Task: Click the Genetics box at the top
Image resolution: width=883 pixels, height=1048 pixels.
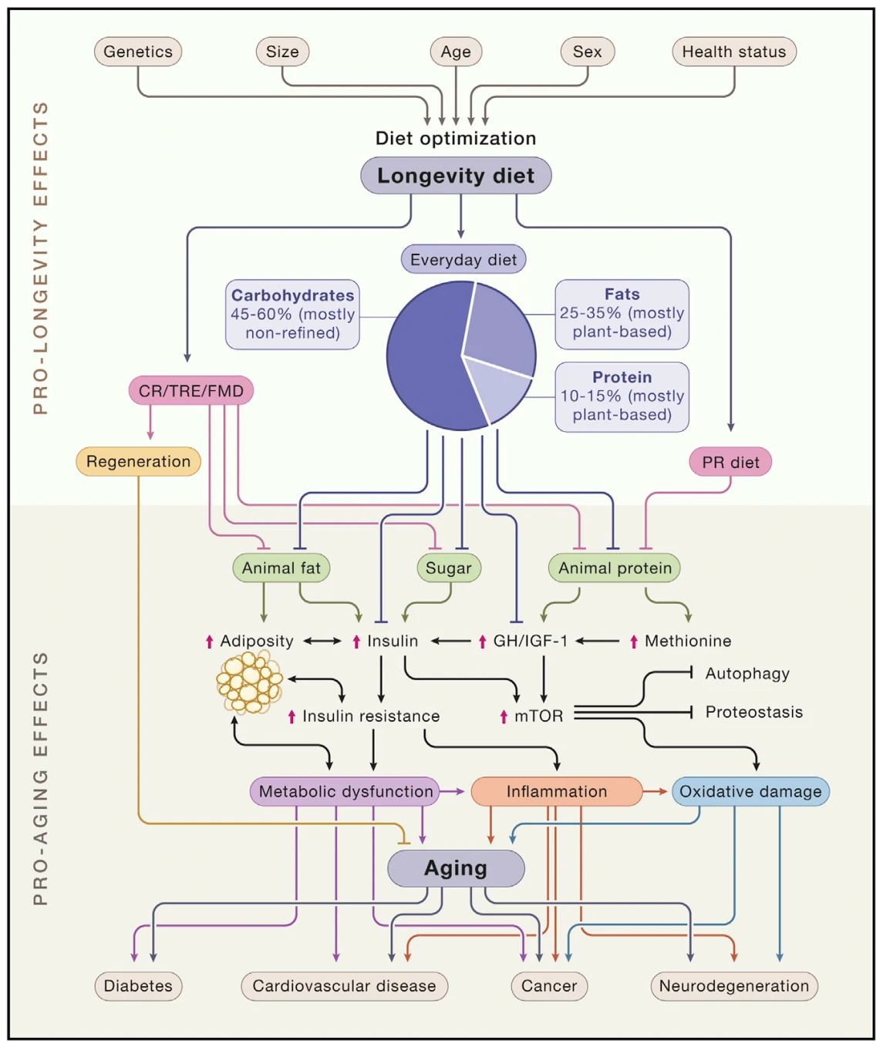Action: click(138, 52)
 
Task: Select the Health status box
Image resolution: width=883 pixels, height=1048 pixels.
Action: click(733, 52)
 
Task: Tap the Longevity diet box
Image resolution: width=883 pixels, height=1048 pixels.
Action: click(456, 176)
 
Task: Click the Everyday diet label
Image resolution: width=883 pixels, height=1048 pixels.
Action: click(463, 260)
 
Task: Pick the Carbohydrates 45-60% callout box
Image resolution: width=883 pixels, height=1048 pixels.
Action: click(292, 315)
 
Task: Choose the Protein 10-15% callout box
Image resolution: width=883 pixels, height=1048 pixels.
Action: click(622, 396)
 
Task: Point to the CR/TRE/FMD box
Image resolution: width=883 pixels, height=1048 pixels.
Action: click(190, 391)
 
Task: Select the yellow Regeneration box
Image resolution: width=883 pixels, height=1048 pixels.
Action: click(138, 462)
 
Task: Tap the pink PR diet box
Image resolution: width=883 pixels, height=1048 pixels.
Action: click(730, 462)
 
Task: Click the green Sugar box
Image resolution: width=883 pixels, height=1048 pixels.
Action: click(448, 568)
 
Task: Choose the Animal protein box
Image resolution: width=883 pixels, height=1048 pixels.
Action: click(615, 568)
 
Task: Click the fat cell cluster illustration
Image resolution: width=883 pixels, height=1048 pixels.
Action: click(249, 682)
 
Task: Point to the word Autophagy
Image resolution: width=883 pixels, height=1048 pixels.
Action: click(747, 673)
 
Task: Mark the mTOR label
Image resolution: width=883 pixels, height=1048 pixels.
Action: click(538, 716)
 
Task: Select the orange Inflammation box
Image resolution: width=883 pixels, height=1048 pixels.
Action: click(556, 792)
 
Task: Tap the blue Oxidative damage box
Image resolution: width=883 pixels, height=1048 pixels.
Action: click(750, 792)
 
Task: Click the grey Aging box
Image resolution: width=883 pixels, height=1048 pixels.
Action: click(456, 868)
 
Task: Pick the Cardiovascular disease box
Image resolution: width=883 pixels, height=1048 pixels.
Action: click(344, 986)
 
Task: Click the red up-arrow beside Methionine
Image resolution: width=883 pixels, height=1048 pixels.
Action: click(634, 642)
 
